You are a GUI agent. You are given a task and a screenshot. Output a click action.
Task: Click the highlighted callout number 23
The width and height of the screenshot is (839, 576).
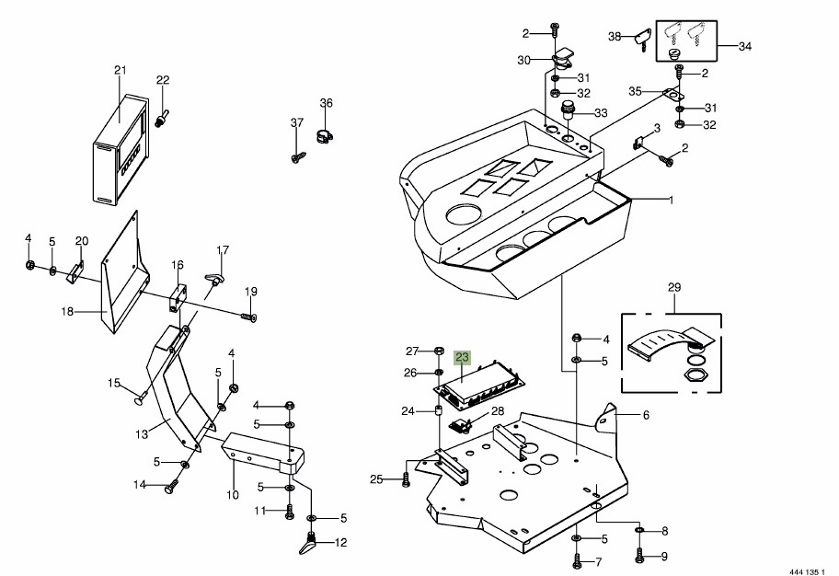[462, 356]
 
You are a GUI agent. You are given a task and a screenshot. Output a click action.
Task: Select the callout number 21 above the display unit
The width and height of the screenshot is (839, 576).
[120, 70]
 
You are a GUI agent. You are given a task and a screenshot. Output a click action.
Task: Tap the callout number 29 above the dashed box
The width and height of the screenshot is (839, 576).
[674, 288]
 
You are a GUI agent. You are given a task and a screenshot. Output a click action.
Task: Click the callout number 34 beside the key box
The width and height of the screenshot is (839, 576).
[744, 45]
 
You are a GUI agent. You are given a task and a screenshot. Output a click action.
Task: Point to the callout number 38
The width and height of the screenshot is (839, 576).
[615, 37]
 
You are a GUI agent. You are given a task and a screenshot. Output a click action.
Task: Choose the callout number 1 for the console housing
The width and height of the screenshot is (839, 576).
[671, 200]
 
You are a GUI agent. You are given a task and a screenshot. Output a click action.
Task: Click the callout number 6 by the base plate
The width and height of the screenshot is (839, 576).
[646, 415]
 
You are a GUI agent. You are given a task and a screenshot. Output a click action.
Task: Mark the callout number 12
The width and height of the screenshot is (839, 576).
[340, 542]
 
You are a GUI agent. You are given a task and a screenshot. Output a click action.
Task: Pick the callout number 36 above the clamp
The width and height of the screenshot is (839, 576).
[326, 102]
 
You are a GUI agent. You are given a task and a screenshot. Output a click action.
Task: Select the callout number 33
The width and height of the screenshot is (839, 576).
[601, 113]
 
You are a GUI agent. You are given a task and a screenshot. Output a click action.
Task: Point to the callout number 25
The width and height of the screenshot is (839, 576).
[376, 478]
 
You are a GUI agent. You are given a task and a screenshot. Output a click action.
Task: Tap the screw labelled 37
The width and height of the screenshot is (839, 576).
[297, 158]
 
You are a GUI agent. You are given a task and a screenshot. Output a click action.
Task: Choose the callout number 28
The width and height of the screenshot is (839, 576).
[498, 411]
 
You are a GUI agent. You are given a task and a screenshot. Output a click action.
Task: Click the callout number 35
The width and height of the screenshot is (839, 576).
[634, 91]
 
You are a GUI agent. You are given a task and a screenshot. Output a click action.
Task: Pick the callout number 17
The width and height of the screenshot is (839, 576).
[223, 250]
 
